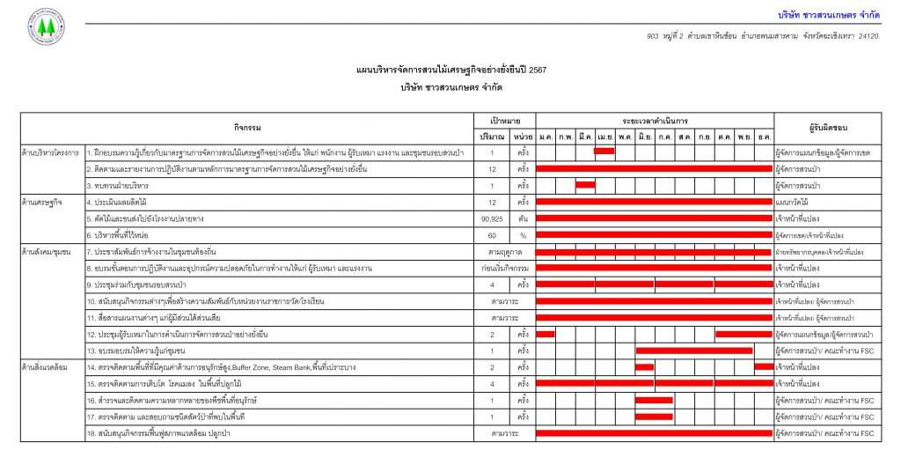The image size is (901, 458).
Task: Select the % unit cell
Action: coord(523,235)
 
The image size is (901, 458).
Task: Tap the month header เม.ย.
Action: coord(604,136)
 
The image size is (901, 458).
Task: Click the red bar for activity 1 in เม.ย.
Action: coord(604,151)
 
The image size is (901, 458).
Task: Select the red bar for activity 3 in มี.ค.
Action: coord(585,185)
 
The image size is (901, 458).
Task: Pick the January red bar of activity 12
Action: coord(546,334)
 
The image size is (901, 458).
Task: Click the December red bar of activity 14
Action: coord(764,366)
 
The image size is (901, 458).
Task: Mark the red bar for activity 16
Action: coord(654,400)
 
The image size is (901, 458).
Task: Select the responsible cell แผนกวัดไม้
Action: coord(793,202)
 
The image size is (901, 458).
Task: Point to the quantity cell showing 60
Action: coord(493,235)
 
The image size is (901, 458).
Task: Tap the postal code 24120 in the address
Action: coord(868,36)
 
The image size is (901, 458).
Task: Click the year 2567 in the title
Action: coord(536,69)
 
